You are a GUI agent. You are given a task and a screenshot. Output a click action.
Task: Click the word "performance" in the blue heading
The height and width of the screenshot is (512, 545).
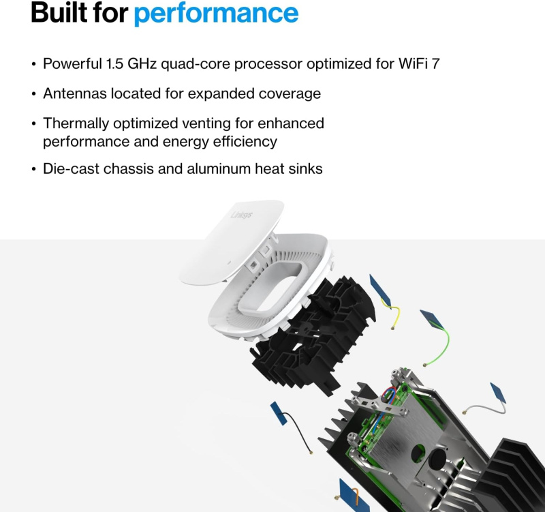click(216, 13)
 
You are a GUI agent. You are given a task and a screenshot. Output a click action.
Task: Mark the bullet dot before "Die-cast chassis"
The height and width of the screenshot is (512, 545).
click(34, 169)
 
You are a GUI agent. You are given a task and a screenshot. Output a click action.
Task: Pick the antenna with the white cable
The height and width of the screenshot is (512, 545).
click(498, 394)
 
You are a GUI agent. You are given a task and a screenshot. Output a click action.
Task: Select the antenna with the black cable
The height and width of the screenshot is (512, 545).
click(279, 413)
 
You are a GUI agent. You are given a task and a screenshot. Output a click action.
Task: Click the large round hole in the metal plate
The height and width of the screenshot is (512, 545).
click(418, 451)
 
